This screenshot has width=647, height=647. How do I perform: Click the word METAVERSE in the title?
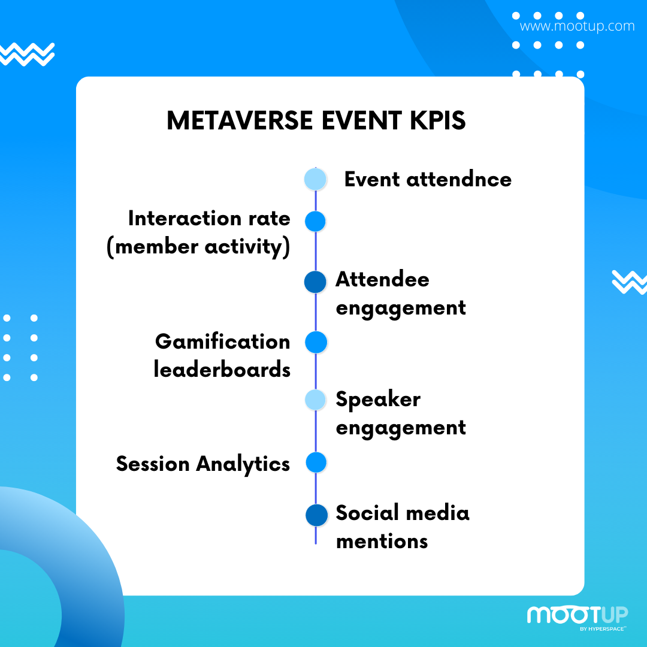(x=239, y=120)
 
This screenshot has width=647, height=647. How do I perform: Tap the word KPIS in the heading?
(x=437, y=120)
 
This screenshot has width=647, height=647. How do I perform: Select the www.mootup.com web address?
(x=577, y=26)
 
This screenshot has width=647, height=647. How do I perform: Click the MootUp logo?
(x=578, y=615)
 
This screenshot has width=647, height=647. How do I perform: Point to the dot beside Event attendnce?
(x=315, y=180)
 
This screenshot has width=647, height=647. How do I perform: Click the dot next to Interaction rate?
(x=315, y=221)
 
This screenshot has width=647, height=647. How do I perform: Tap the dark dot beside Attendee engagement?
(x=315, y=282)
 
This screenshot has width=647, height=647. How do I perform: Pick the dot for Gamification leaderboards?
(x=316, y=342)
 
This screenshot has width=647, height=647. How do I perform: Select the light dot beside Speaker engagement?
(x=316, y=400)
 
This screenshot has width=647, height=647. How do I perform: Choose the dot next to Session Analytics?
(x=316, y=462)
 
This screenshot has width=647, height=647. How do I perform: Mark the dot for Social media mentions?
(x=316, y=515)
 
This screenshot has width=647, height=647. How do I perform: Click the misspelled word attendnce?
(x=459, y=180)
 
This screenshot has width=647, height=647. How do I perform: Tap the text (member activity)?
(x=198, y=247)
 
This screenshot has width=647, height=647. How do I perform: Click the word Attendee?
(x=382, y=279)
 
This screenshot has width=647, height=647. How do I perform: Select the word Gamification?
(x=223, y=341)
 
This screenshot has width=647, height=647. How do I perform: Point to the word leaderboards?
(x=222, y=369)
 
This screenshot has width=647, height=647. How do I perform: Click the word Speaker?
(x=379, y=400)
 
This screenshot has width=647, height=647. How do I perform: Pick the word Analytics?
(x=243, y=464)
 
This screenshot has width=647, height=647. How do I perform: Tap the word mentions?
(x=382, y=542)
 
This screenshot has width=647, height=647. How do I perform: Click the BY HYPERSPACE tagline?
(x=603, y=629)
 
